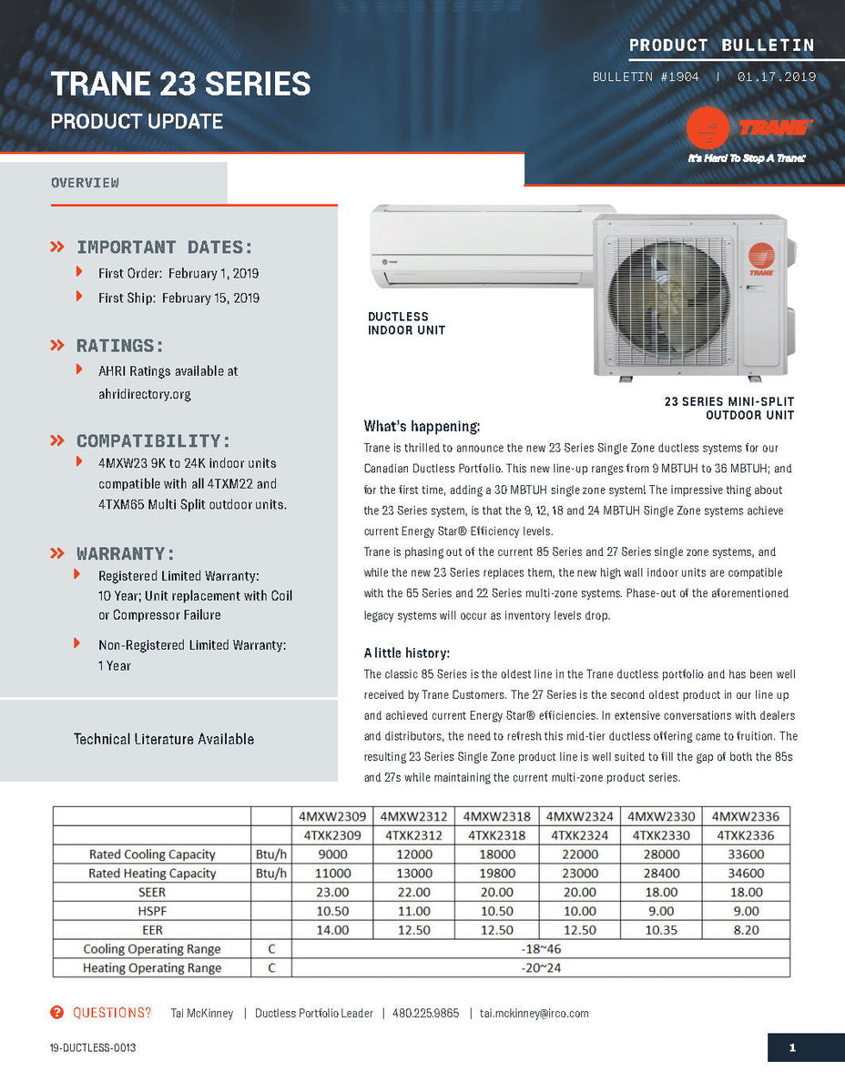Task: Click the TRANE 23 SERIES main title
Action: [180, 85]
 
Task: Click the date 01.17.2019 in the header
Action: [777, 77]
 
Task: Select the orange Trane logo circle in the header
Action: [708, 128]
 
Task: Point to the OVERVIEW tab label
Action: [85, 183]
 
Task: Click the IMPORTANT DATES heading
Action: [165, 248]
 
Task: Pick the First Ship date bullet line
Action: [178, 298]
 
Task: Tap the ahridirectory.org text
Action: [145, 395]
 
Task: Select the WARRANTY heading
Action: [126, 554]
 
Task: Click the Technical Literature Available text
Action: [164, 739]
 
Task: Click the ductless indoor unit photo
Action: [483, 246]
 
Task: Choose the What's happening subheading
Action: [422, 427]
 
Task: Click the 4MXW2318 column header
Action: [496, 816]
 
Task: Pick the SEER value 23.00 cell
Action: [331, 893]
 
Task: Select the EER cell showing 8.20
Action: [746, 930]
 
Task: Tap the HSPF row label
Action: [152, 911]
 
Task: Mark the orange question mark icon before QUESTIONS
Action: [57, 1013]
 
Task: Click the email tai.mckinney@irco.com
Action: [534, 1014]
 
